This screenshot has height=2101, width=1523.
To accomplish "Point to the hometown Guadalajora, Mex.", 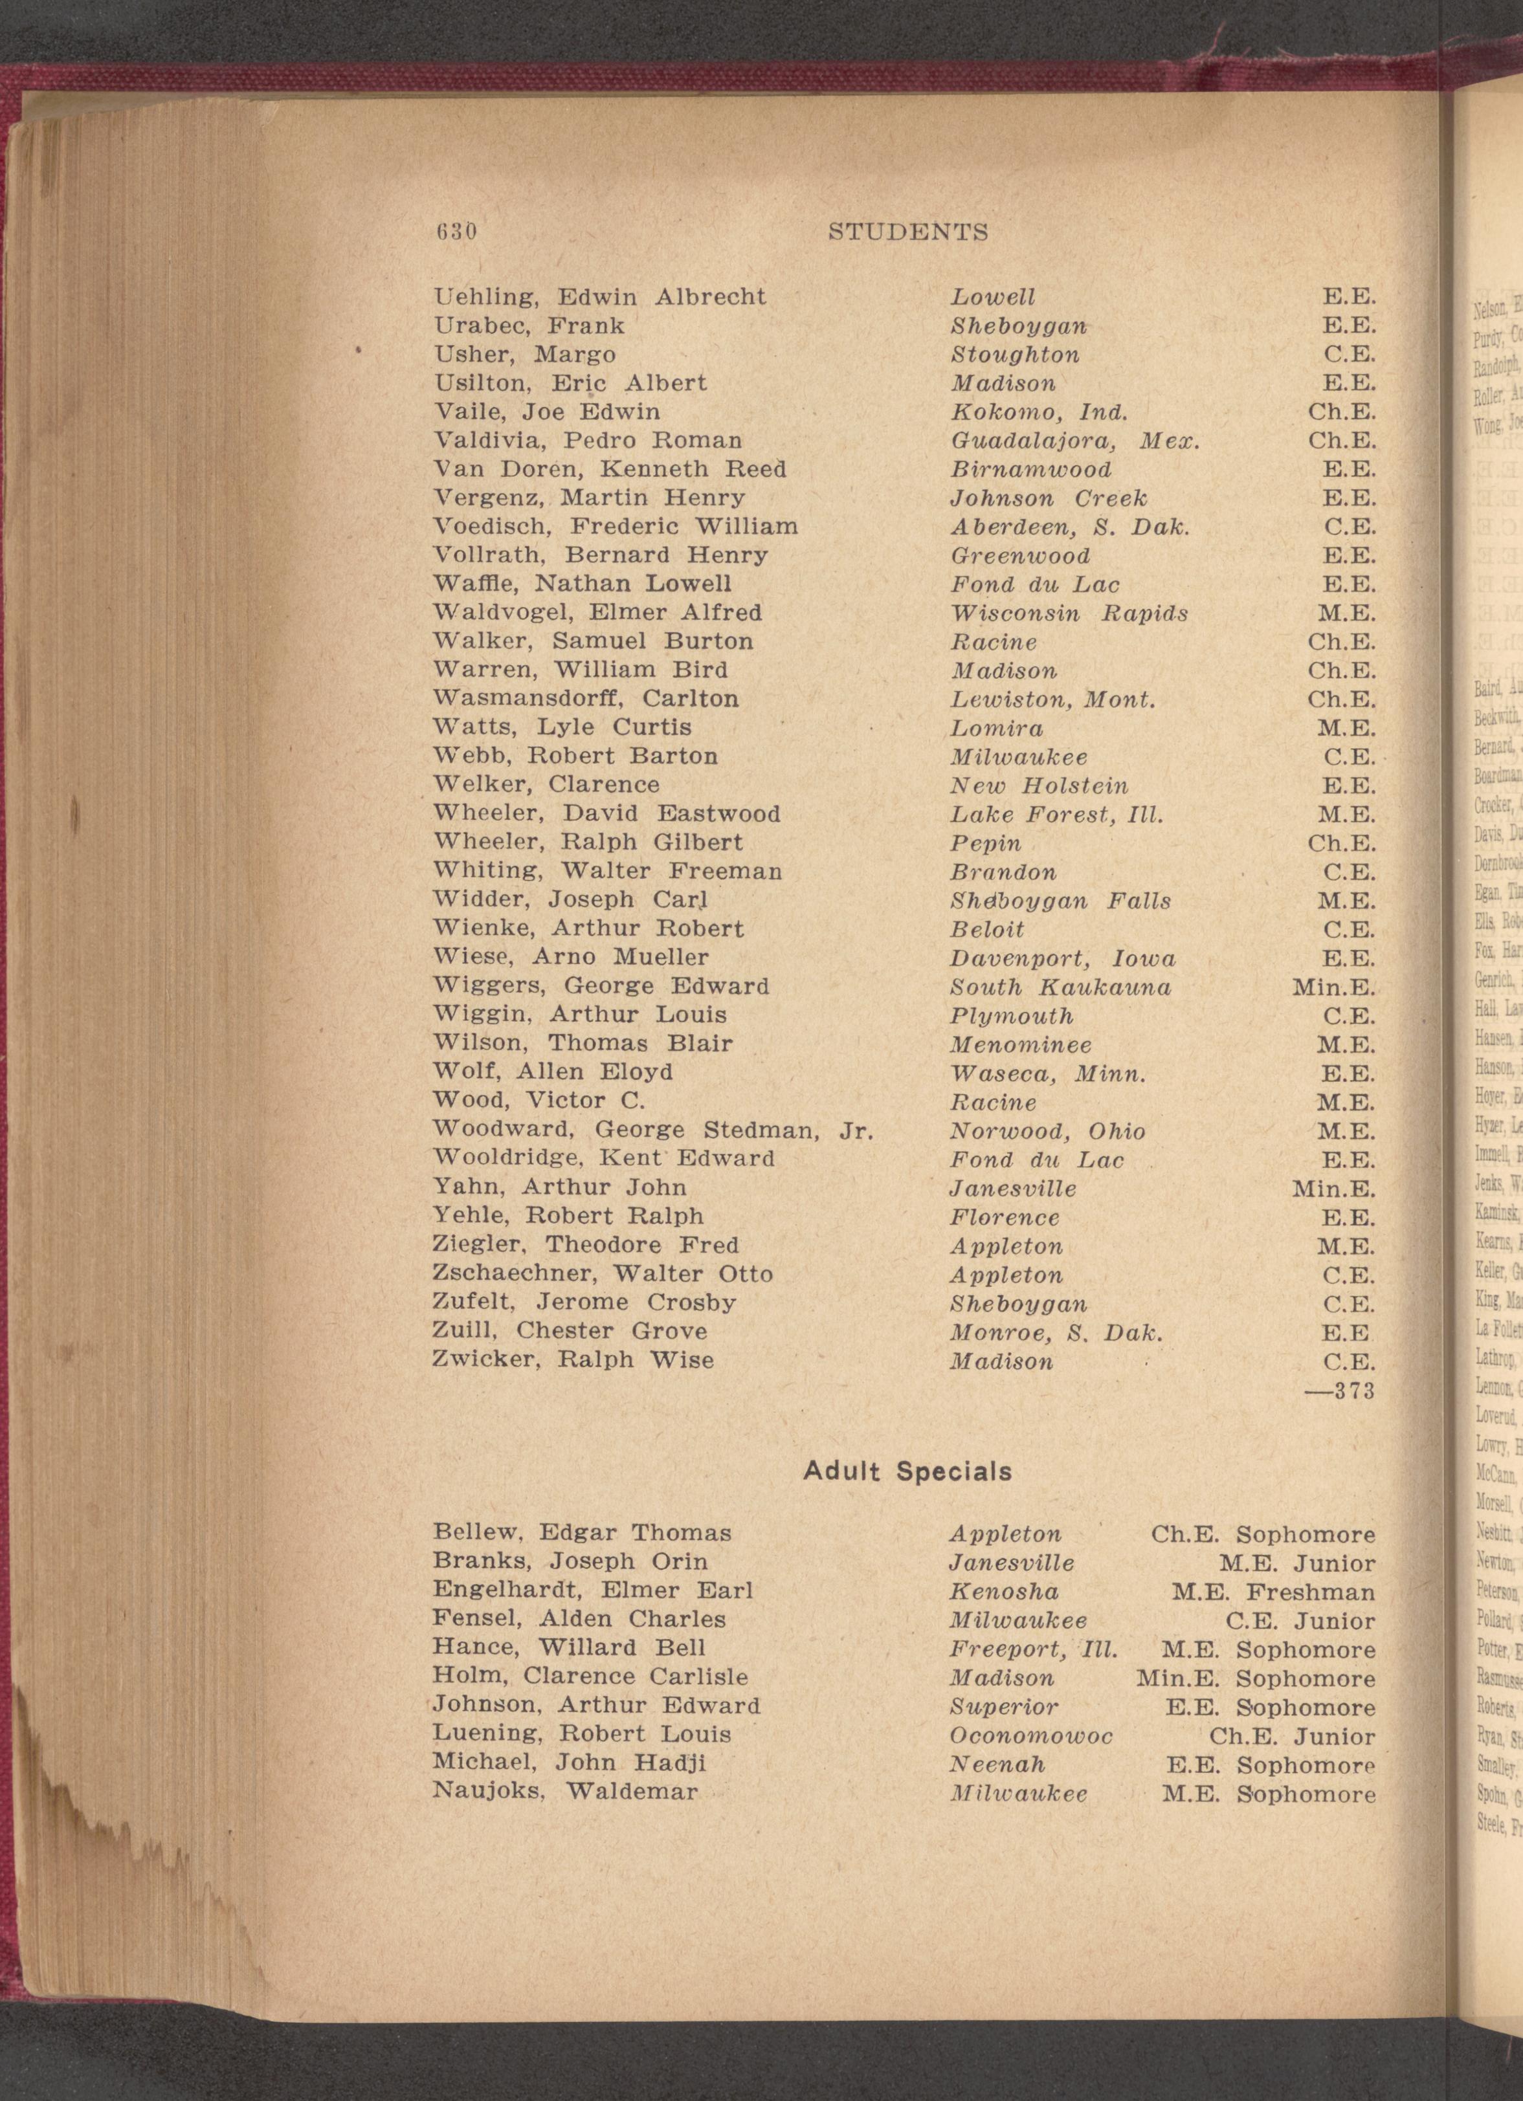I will click(x=1074, y=441).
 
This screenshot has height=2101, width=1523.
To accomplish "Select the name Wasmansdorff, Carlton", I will click(x=586, y=698).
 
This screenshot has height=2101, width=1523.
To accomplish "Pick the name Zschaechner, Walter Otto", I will click(x=602, y=1274).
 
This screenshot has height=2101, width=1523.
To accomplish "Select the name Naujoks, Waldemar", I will click(x=565, y=1766).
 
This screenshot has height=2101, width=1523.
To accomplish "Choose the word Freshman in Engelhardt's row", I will click(x=1310, y=1592).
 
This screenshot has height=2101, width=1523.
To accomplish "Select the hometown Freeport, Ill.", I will click(x=1034, y=1650).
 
